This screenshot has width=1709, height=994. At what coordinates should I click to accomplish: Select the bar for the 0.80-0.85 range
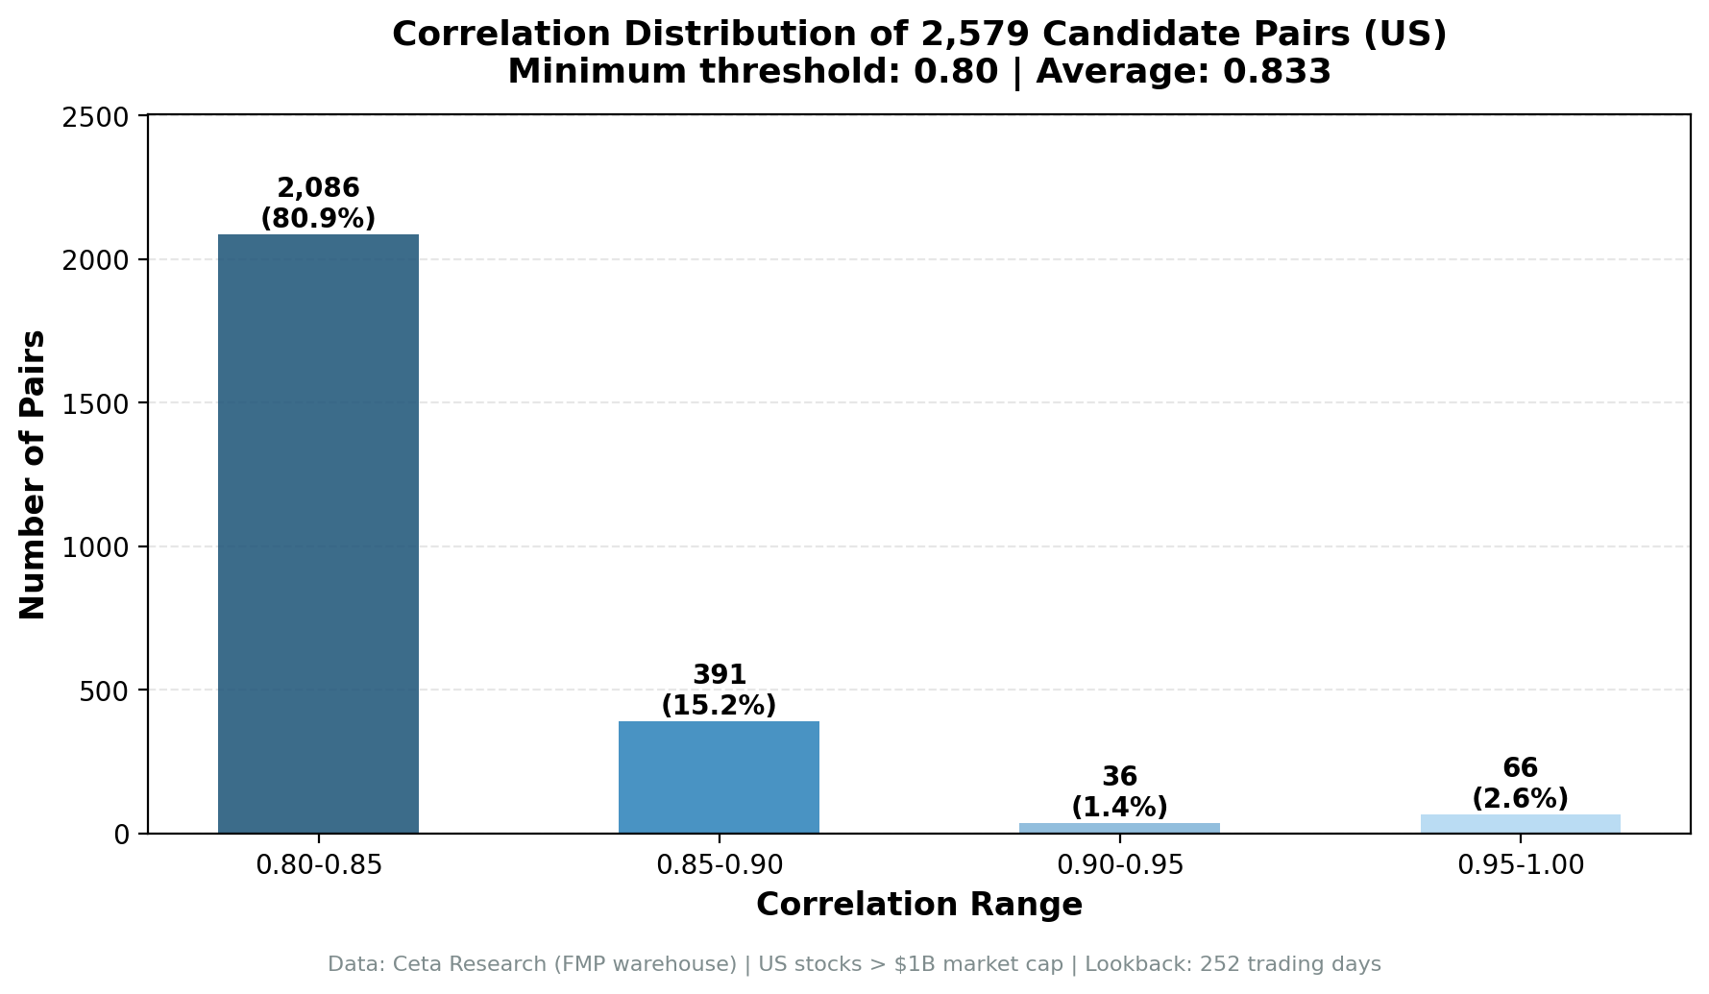[318, 533]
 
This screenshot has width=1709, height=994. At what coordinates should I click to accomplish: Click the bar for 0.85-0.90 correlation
[719, 776]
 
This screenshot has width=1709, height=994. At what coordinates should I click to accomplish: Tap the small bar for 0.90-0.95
[1119, 828]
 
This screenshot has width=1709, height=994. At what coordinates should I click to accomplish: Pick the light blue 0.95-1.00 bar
[1520, 824]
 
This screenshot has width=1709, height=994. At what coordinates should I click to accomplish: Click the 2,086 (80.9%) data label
[318, 204]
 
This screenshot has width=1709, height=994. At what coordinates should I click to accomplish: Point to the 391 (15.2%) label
[719, 691]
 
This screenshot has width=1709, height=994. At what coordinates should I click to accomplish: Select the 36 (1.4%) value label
[1119, 792]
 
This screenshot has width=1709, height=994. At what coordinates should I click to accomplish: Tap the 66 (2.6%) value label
[1520, 784]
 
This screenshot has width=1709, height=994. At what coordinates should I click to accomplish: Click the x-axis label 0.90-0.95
[1119, 865]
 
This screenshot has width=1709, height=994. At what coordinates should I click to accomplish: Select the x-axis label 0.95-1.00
[1520, 865]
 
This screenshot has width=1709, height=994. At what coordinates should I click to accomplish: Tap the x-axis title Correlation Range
[919, 905]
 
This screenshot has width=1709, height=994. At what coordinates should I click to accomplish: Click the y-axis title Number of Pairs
[33, 474]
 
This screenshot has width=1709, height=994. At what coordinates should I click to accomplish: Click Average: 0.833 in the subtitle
[1184, 72]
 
